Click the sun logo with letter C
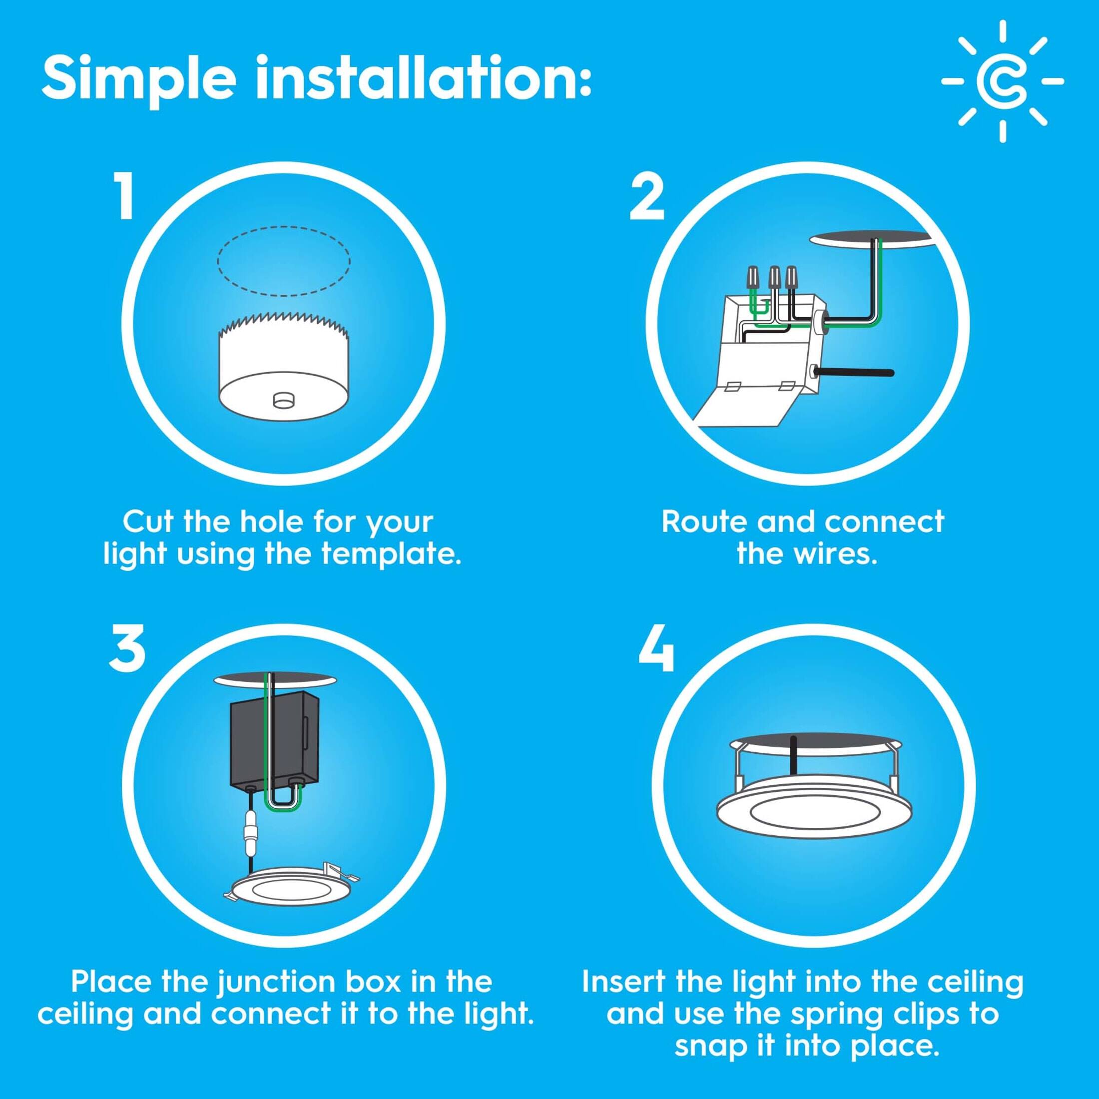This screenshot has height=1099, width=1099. pyautogui.click(x=1002, y=81)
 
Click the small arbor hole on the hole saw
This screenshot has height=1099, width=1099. pyautogui.click(x=284, y=401)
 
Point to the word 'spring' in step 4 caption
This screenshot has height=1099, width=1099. pyautogui.click(x=823, y=1014)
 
